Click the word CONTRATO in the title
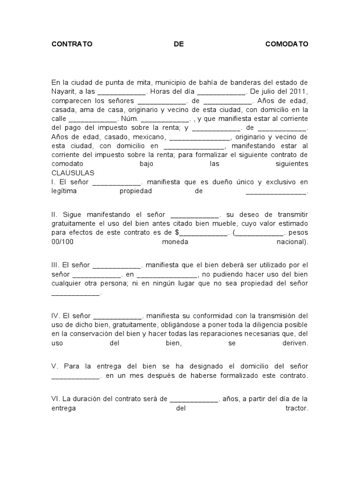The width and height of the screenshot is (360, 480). [72, 44]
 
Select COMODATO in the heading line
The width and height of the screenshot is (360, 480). [287, 44]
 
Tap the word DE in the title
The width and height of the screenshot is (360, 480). [179, 44]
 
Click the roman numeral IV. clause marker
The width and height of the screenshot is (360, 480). [56, 316]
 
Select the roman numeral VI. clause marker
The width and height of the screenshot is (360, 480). [56, 399]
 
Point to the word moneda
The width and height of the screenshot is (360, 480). [175, 242]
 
